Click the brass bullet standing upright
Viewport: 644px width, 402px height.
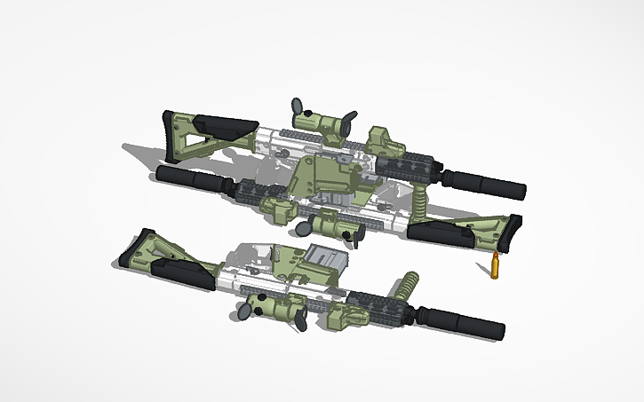[x=493, y=266]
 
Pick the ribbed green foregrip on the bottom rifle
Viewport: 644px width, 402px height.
[x=409, y=286]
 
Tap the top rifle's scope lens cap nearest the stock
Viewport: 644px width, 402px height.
[x=298, y=106]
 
